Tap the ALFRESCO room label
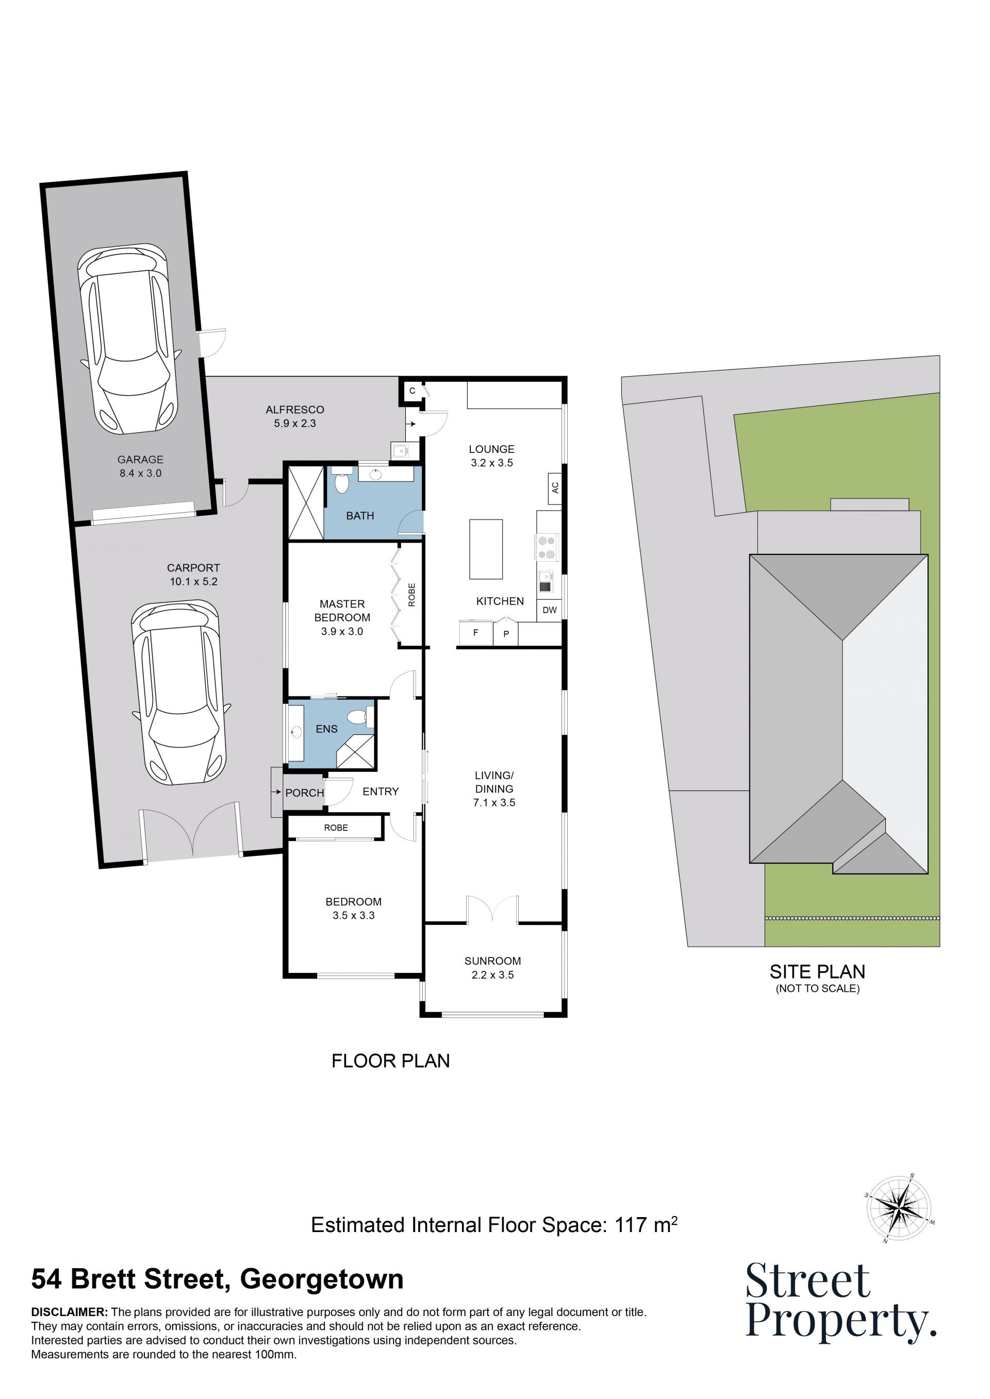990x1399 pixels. coord(295,410)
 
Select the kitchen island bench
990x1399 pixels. coord(486,549)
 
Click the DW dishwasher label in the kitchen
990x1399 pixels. coord(549,610)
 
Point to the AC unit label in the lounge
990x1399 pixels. coord(555,488)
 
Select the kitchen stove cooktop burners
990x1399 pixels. coord(547,547)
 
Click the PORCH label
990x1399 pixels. coord(304,793)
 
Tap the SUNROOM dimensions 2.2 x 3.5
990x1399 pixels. coord(492,975)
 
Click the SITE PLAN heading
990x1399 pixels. coord(817,971)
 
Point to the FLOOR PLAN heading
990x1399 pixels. coord(391,1061)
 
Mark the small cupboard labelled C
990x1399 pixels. coord(412,391)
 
